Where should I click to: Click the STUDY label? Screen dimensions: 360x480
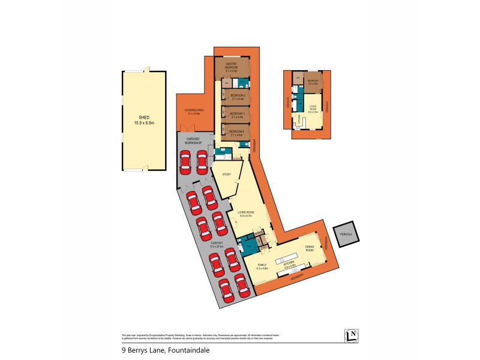(227, 174)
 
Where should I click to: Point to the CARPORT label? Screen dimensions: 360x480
(217, 244)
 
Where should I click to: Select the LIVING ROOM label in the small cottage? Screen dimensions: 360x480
(312, 107)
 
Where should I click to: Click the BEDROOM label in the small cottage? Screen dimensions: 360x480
(313, 81)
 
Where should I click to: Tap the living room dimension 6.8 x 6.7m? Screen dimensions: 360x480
(247, 216)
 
